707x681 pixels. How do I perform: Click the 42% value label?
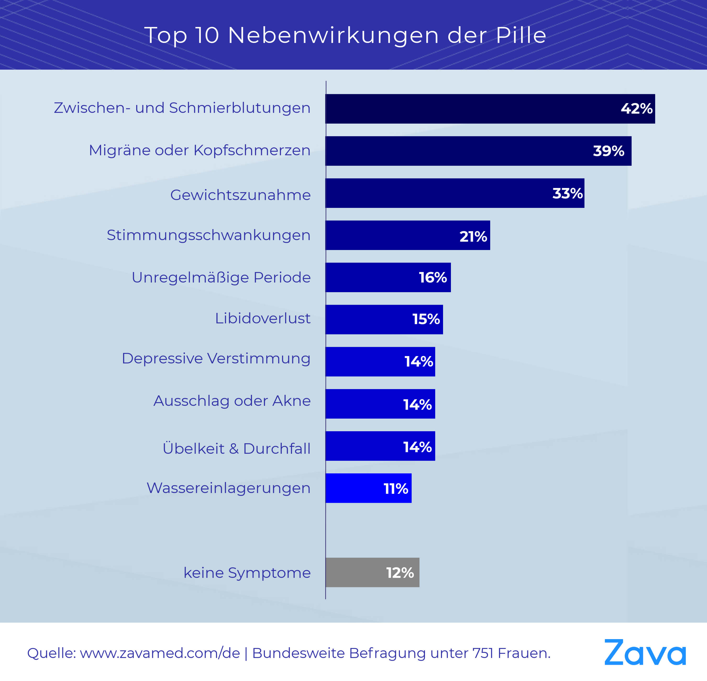coord(636,109)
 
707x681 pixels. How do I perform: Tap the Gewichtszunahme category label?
coord(240,195)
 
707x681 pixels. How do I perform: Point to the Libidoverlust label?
coord(263,318)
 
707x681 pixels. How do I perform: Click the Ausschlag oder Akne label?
coord(232,401)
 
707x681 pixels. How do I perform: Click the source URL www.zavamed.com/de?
coord(160,653)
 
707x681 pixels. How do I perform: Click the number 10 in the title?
coord(207,35)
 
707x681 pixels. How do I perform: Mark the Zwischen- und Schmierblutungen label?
coord(182,108)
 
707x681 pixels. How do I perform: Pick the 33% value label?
coord(567,193)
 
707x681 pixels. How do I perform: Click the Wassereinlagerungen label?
coord(228,488)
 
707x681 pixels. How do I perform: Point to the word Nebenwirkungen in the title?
coord(333,35)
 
